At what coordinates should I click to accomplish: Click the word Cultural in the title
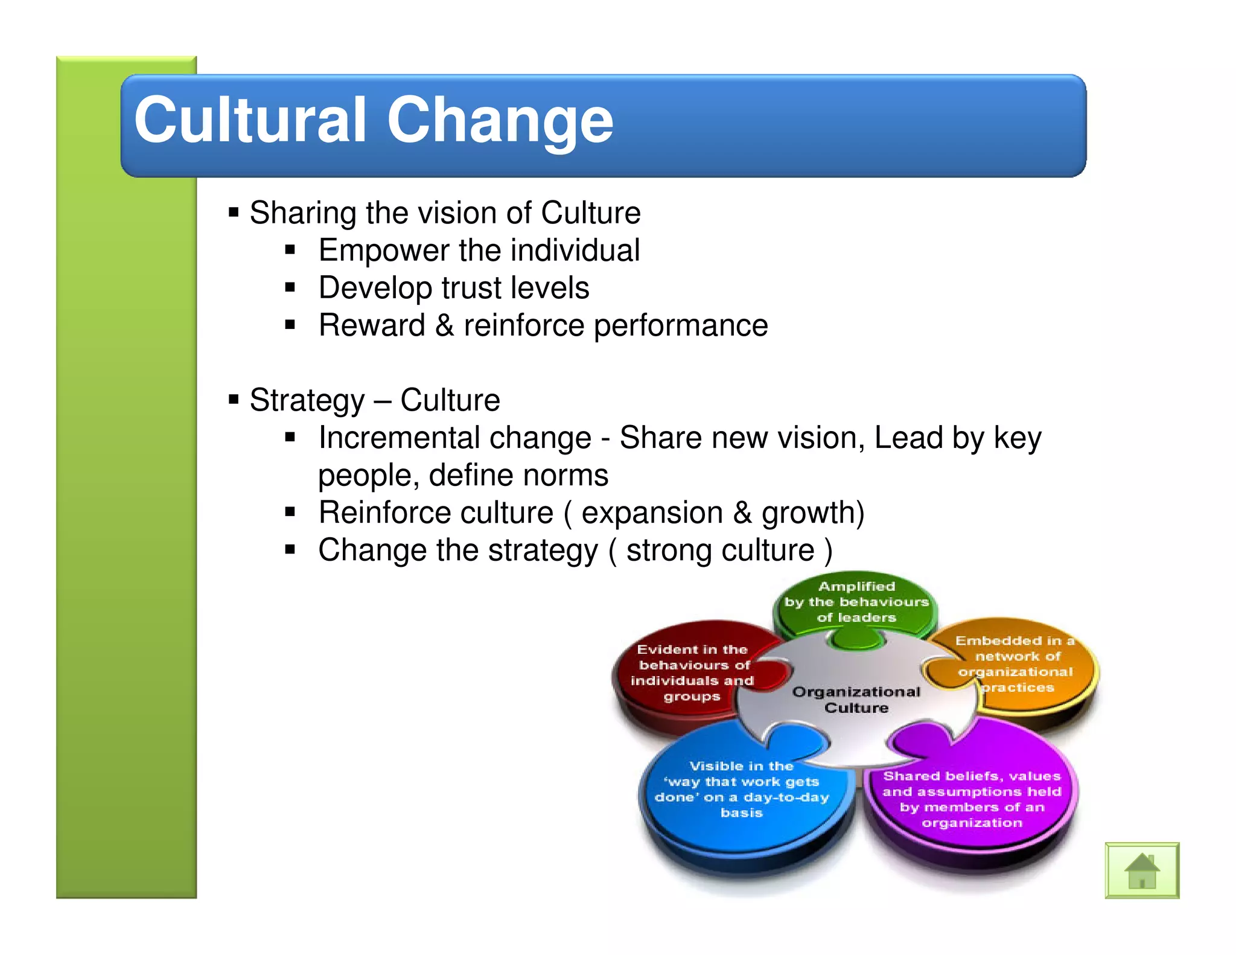[x=250, y=121]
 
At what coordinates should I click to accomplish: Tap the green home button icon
[x=1141, y=870]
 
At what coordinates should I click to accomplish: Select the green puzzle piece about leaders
[x=856, y=602]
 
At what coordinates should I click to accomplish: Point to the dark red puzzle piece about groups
[x=692, y=673]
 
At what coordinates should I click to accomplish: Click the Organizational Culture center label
[x=856, y=700]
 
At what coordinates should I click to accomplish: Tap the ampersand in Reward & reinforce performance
[x=444, y=326]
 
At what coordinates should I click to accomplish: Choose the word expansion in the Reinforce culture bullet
[x=652, y=513]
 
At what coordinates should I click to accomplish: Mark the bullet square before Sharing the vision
[x=234, y=212]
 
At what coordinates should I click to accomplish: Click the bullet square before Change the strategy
[x=290, y=550]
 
